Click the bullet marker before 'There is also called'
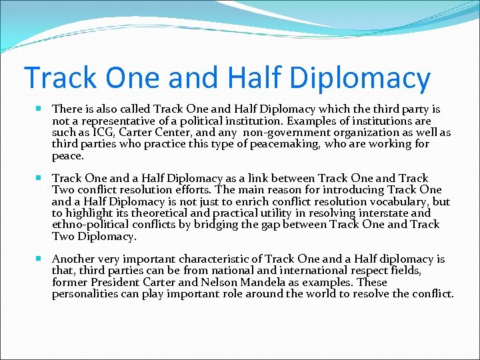click(x=41, y=108)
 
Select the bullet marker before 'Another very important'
click(x=41, y=259)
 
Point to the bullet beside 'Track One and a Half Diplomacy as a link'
click(x=41, y=178)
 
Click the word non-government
click(x=290, y=132)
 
